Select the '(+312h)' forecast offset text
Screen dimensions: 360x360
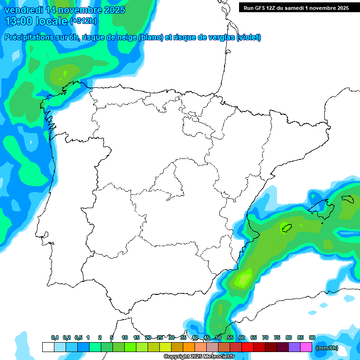tap(83, 21)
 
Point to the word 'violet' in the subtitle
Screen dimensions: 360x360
tap(248, 37)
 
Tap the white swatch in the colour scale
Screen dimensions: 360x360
tap(48, 347)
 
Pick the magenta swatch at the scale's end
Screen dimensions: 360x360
tap(306, 347)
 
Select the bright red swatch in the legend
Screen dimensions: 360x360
tap(247, 347)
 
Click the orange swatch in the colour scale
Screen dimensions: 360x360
tap(189, 347)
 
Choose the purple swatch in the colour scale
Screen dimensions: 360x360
tap(294, 347)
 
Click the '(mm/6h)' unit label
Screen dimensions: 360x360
tap(327, 348)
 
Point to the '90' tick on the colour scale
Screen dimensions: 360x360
tap(312, 337)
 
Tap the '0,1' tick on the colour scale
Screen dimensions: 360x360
tap(54, 337)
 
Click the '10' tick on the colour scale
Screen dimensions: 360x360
tap(125, 337)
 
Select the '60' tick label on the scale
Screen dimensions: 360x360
tap(242, 337)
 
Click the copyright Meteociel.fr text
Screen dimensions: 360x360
tap(199, 356)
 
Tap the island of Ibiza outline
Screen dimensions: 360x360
tap(286, 228)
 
